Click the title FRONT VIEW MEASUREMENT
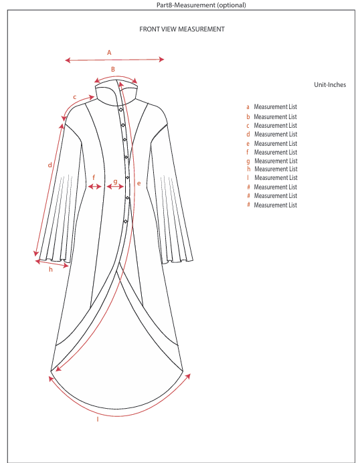coord(182,29)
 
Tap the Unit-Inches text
coord(330,85)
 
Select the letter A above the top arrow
coord(109,53)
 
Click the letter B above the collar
coord(113,69)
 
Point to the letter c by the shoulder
coord(75,97)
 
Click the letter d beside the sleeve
coord(50,165)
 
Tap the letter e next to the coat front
coord(139,183)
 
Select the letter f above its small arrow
coord(94,177)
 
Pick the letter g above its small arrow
coord(116,181)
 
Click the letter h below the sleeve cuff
coord(51,269)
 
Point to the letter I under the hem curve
coord(98,419)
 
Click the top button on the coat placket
coord(121,110)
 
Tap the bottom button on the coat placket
coord(126,221)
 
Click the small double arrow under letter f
coord(95,186)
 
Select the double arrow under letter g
coord(115,186)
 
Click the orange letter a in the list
coord(248,107)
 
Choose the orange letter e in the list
coord(248,144)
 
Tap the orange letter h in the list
coord(249,169)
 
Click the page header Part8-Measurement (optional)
coord(201,5)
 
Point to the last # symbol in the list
coord(249,204)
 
